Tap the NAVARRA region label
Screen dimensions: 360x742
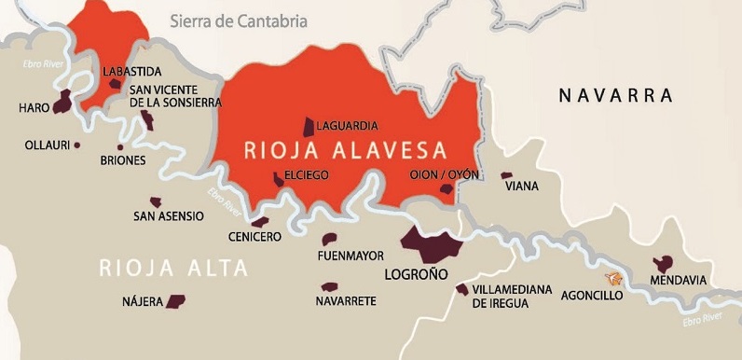pos(615,95)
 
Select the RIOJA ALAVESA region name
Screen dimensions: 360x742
pos(345,150)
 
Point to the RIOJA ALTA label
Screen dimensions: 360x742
pos(174,270)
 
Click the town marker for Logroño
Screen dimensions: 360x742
pos(432,244)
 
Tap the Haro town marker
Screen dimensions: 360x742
pos(62,102)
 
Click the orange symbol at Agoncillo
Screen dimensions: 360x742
pos(613,278)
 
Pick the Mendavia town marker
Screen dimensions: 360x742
pos(664,264)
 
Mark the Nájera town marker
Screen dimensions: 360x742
pos(175,300)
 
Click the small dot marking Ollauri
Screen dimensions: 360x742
pos(76,145)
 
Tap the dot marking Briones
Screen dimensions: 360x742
pos(120,147)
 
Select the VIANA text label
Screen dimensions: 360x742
pos(522,187)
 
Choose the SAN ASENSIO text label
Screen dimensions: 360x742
pos(169,216)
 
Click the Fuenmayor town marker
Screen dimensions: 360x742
pos(328,240)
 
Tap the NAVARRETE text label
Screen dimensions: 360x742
pos(346,301)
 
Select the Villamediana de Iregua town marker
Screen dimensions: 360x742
pos(461,289)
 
